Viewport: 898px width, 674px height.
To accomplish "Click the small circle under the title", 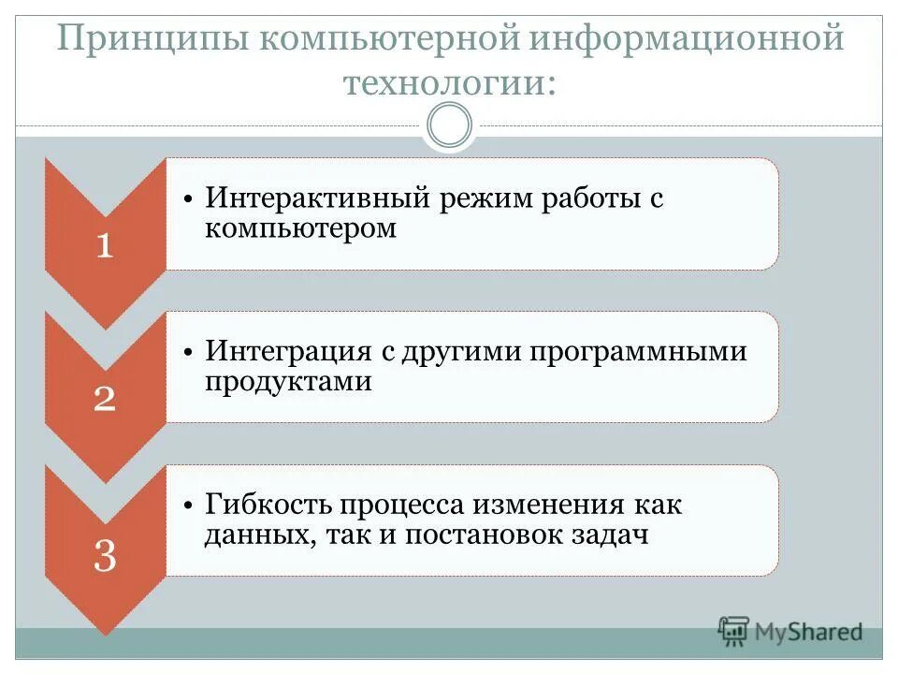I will tap(449, 125).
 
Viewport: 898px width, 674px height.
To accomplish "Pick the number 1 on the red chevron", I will tap(105, 245).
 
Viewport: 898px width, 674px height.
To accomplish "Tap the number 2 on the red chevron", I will tap(105, 399).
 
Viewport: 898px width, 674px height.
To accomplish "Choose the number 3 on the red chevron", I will tap(105, 558).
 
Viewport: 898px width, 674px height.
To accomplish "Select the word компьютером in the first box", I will tap(301, 228).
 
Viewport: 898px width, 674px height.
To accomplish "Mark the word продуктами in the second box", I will tap(289, 382).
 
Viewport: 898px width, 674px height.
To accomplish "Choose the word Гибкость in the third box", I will tap(269, 505).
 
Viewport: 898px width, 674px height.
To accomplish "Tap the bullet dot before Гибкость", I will tap(188, 506).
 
